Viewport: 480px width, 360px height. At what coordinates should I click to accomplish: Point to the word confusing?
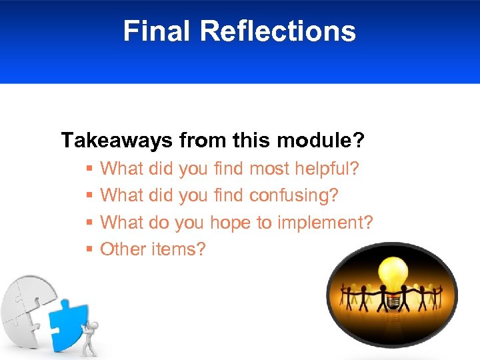click(294, 195)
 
